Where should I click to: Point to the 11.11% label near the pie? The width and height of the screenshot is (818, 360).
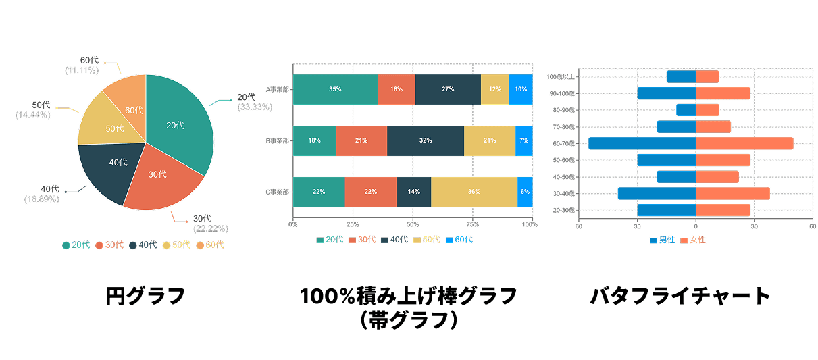pos(82,70)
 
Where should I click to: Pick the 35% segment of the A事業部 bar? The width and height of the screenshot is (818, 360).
pos(335,89)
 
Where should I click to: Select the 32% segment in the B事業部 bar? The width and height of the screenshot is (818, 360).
pos(425,140)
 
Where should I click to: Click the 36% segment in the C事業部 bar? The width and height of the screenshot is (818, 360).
pos(474,192)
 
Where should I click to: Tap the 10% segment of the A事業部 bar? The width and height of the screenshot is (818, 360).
pos(521,89)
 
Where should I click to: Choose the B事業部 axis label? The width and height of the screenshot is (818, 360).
pos(277,140)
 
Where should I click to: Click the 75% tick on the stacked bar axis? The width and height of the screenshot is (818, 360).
pos(472,224)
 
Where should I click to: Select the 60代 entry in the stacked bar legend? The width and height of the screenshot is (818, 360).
pos(459,240)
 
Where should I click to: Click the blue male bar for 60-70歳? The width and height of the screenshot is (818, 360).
pos(642,143)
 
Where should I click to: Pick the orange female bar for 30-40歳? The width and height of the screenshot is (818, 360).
pos(732,194)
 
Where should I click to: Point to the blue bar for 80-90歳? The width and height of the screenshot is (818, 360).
pos(686,110)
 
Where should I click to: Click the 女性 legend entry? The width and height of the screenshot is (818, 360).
pos(693,240)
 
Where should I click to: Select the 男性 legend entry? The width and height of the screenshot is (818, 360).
pos(662,240)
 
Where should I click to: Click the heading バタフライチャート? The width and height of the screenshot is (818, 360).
pos(680,295)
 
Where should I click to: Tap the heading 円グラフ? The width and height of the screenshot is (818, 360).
pos(145,295)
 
